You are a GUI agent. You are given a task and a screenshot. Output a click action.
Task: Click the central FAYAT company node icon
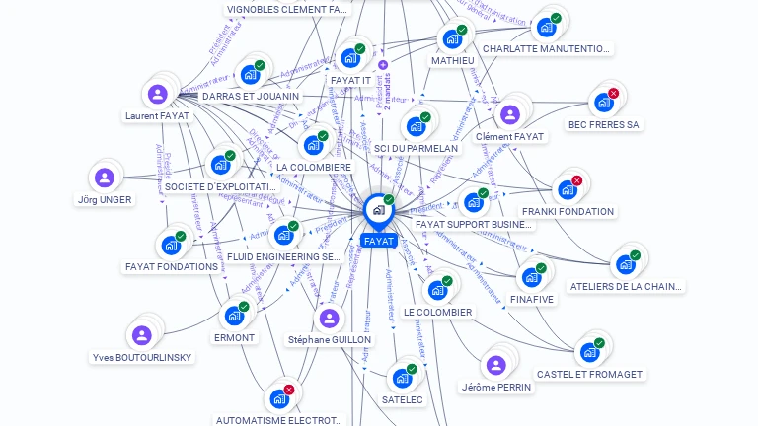pyautogui.click(x=378, y=210)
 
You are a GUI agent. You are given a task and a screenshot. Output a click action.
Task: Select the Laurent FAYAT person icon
pyautogui.click(x=157, y=95)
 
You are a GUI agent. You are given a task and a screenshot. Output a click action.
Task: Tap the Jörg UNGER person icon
pyautogui.click(x=104, y=178)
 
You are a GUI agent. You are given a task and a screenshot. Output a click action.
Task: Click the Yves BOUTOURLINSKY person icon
pyautogui.click(x=142, y=335)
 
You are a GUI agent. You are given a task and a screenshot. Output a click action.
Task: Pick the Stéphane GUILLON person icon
pyautogui.click(x=329, y=319)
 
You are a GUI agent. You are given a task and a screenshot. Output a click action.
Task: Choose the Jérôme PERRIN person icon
pyautogui.click(x=495, y=366)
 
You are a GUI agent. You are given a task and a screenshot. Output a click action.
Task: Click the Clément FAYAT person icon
pyautogui.click(x=509, y=115)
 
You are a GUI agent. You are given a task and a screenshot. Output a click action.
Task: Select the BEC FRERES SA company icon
pyautogui.click(x=602, y=103)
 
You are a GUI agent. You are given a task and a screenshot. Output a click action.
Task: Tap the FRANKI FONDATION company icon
pyautogui.click(x=567, y=189)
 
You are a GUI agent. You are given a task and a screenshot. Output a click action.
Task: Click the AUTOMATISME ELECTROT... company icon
pyautogui.click(x=278, y=399)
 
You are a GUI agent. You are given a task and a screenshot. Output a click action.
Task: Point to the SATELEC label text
pyautogui.click(x=402, y=399)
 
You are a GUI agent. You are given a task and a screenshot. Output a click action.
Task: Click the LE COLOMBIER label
pyautogui.click(x=437, y=312)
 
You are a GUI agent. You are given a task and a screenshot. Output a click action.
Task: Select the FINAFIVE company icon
pyautogui.click(x=531, y=277)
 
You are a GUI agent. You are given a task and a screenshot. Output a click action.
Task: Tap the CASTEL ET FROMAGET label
pyautogui.click(x=589, y=374)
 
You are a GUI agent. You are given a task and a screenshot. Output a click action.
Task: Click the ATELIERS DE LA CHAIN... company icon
pyautogui.click(x=625, y=264)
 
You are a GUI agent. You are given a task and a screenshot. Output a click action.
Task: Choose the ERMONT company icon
pyautogui.click(x=233, y=316)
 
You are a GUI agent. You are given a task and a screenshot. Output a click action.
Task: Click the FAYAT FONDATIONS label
pyautogui.click(x=172, y=266)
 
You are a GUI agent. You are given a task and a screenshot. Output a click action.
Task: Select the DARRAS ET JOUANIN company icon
pyautogui.click(x=249, y=75)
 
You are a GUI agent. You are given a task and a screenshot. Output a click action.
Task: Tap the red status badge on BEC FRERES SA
pyautogui.click(x=613, y=94)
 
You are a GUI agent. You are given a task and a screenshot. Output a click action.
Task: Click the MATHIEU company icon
pyautogui.click(x=451, y=39)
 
